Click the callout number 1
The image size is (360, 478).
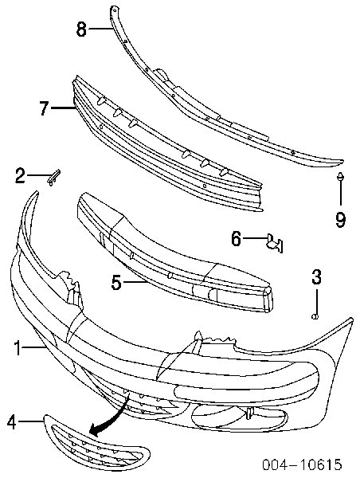coord(18,348)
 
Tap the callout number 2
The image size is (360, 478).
coord(20,176)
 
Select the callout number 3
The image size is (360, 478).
coord(316,276)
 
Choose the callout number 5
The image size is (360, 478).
coord(116,283)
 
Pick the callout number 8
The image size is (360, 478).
coord(81,29)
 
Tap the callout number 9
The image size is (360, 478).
coord(340,220)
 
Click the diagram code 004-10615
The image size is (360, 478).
coord(302,464)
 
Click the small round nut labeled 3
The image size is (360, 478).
coord(315,317)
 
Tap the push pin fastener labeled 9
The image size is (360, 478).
coord(340,177)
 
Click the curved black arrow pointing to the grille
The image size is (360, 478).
coord(112,417)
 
